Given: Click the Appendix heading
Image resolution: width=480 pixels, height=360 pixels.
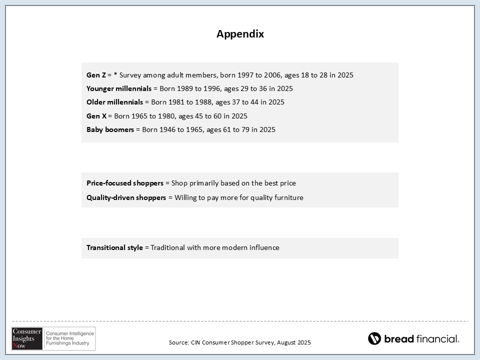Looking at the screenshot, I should (240, 34).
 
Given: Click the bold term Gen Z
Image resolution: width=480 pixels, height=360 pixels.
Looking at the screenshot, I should (96, 75).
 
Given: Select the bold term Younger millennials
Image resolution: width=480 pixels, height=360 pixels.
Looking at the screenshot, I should (118, 88).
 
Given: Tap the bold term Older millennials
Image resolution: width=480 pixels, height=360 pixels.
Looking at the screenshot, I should (114, 102).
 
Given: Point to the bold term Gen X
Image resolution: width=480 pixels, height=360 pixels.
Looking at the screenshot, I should (96, 116).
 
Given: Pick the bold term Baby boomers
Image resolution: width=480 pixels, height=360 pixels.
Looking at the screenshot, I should (110, 129).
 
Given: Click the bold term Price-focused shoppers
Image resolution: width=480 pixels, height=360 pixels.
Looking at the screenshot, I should (124, 183).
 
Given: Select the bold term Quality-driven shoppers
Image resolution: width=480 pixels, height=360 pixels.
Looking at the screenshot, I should (126, 197).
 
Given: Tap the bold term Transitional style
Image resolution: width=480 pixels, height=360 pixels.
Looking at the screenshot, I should (114, 247).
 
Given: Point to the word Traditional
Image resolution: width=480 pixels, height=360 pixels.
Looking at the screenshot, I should (167, 247).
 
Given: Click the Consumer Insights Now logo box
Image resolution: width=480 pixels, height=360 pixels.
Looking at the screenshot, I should (53, 338).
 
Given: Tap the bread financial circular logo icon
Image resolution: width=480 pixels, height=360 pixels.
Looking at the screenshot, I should (374, 338).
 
